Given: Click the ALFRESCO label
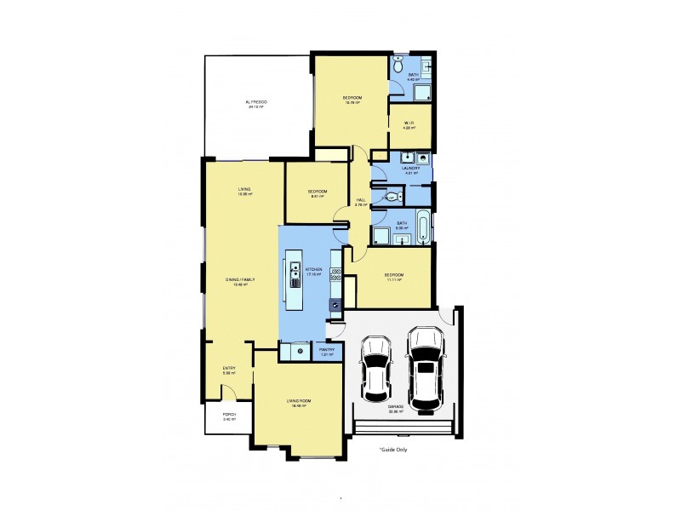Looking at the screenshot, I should point(257,102).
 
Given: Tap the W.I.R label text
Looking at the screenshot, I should point(409,123).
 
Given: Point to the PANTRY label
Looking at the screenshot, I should point(325,349).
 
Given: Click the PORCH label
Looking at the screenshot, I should point(229,415).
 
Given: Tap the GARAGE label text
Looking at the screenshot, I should point(396,407).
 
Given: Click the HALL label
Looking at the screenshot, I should point(361,200).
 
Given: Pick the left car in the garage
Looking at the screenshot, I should point(375,368).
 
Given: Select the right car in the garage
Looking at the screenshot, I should point(426,366).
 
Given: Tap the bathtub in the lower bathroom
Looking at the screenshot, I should point(422,227).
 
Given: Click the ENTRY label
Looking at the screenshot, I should point(229,368).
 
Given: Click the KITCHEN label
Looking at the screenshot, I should point(314,269).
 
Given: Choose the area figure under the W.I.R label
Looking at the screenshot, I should point(409,129).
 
